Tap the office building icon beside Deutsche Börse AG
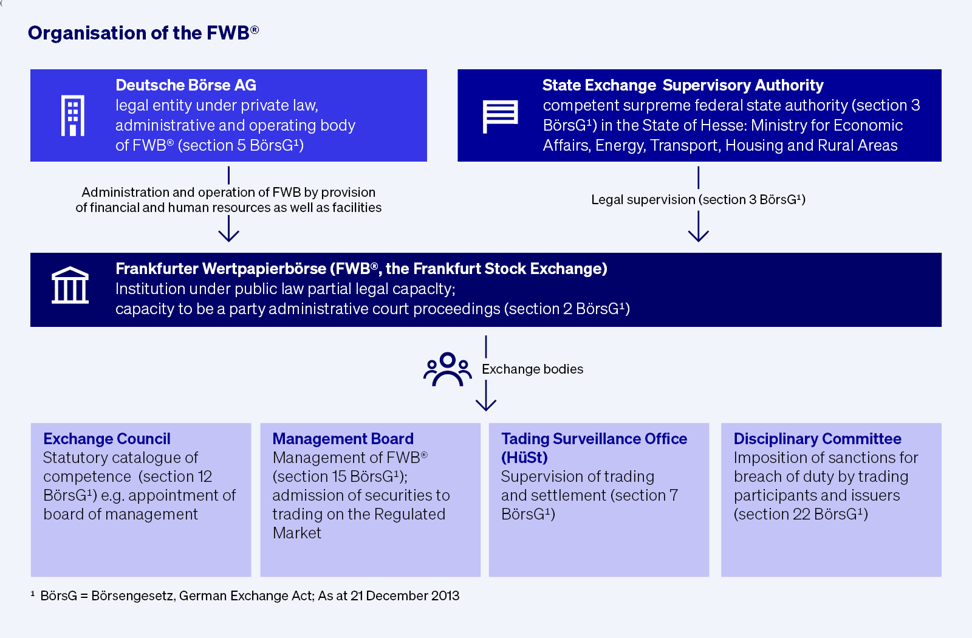[x=73, y=115]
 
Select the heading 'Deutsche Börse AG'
[x=186, y=85]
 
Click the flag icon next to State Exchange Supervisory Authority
[x=500, y=115]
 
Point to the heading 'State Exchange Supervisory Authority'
[x=683, y=85]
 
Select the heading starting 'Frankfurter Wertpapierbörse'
[x=361, y=269]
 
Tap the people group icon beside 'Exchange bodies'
[x=448, y=369]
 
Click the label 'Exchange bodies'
[x=532, y=369]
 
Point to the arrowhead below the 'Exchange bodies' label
[x=486, y=404]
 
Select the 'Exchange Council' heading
[x=107, y=439]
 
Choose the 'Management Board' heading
[x=343, y=439]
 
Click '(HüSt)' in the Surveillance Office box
[x=524, y=458]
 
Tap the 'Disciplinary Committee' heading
[x=817, y=439]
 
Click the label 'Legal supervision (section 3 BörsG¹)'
[x=698, y=200]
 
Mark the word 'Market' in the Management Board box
[x=297, y=533]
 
